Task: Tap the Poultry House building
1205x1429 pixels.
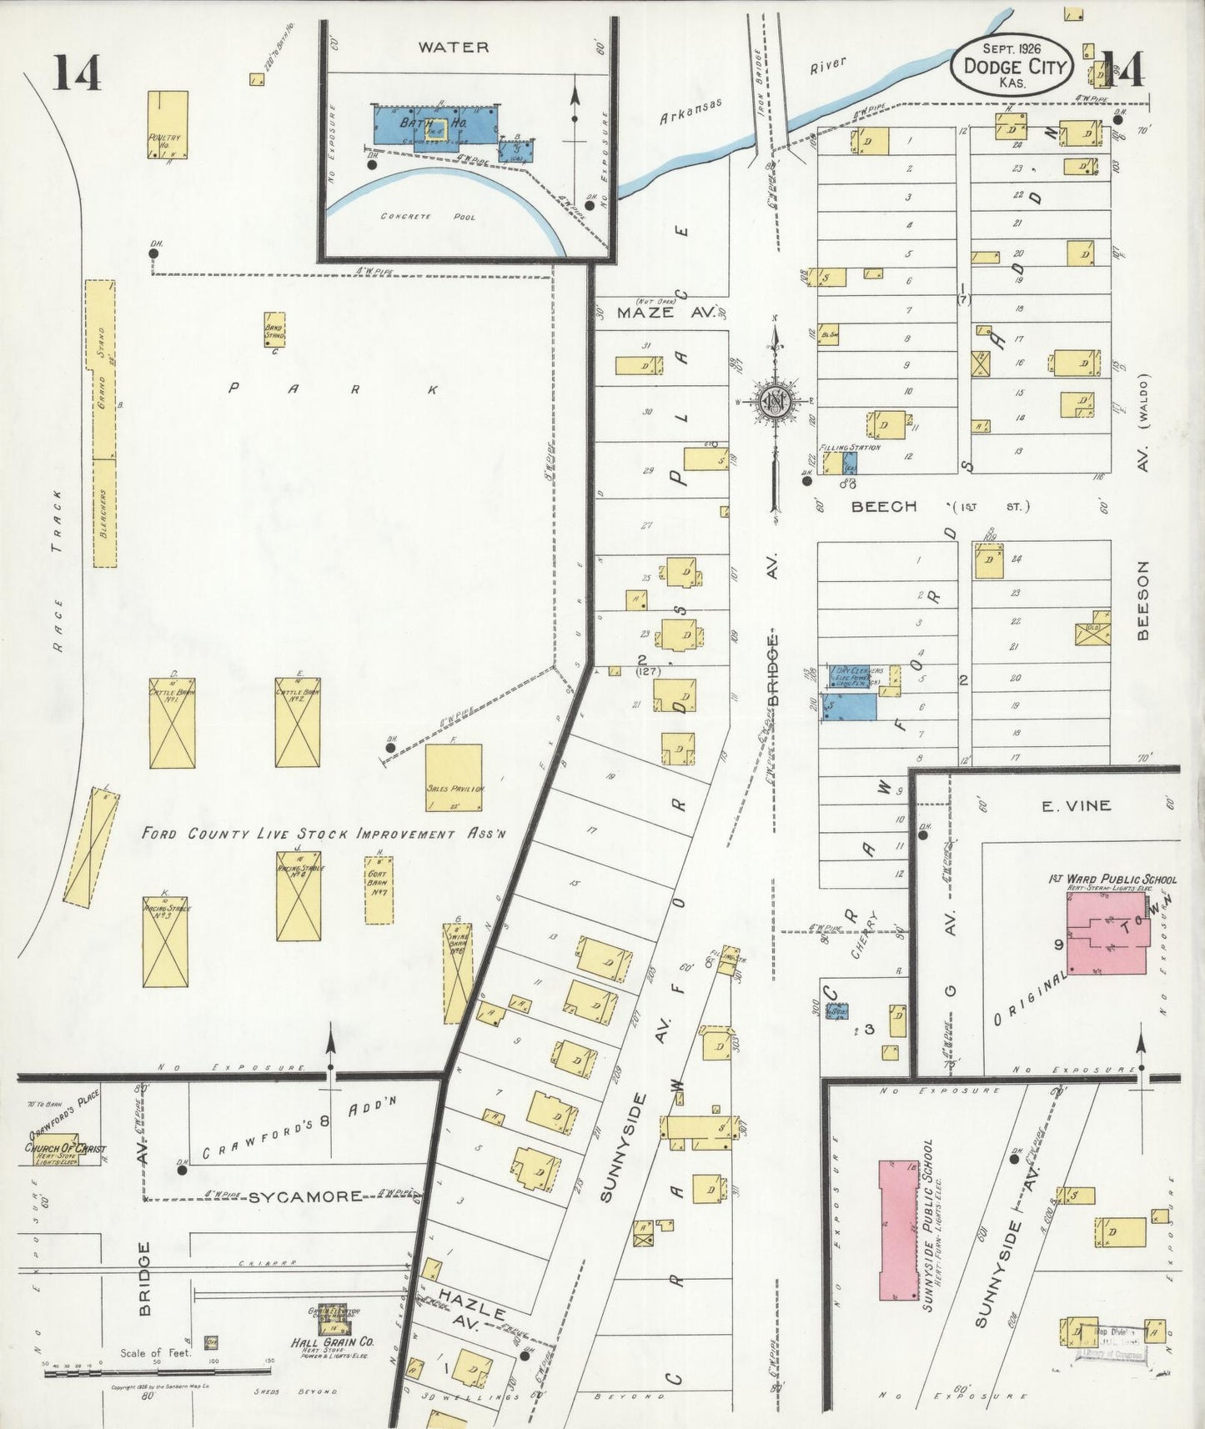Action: click(x=168, y=124)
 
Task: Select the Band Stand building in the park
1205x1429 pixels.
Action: click(x=274, y=330)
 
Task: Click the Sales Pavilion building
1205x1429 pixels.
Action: click(x=454, y=777)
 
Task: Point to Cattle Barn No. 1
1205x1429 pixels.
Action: click(x=173, y=723)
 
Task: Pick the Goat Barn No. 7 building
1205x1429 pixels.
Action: click(x=379, y=890)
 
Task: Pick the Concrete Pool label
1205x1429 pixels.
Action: click(x=428, y=217)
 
